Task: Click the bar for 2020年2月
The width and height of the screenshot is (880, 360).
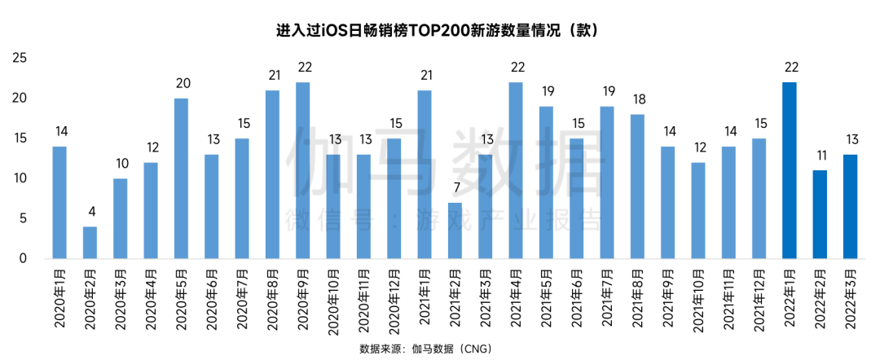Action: [x=90, y=243]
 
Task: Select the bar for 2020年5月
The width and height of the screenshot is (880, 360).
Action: [x=181, y=178]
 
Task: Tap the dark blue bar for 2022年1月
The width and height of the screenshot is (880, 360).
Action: [x=790, y=170]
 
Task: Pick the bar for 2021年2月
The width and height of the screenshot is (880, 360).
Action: [x=455, y=230]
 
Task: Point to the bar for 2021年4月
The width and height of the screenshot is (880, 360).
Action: [x=516, y=170]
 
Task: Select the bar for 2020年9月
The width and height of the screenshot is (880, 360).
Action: [x=303, y=170]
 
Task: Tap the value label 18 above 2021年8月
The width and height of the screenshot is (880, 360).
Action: [x=637, y=99]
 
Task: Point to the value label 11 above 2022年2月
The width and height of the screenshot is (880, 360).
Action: [x=820, y=155]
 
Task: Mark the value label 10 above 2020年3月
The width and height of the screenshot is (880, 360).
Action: [x=121, y=162]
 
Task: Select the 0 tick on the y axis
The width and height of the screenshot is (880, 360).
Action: [x=24, y=259]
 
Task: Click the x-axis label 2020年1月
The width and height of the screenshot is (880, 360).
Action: [x=59, y=300]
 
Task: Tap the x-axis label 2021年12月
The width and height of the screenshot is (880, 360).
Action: [x=759, y=302]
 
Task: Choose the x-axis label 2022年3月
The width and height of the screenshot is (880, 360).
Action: [x=851, y=300]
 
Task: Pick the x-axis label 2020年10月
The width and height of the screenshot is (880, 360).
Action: [x=333, y=302]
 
